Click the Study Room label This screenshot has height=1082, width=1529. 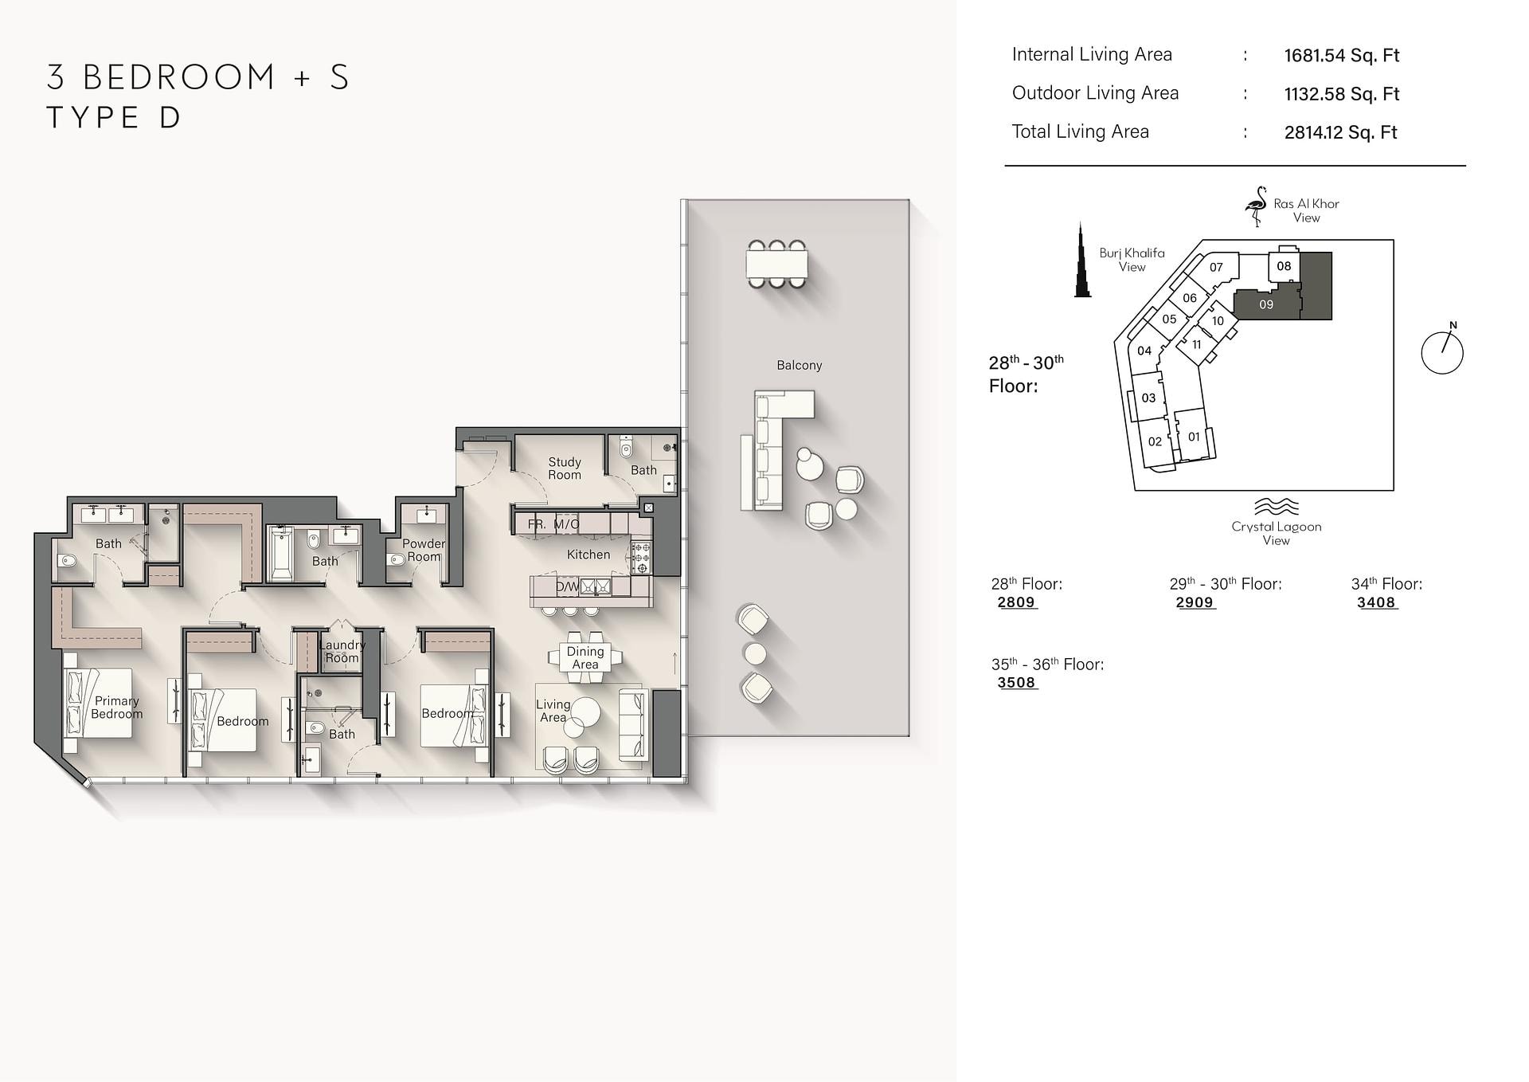point(565,468)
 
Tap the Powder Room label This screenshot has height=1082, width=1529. point(423,550)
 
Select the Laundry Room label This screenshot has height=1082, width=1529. point(342,651)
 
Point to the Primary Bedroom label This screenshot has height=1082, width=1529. point(117,708)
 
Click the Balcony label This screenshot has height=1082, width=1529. point(799,365)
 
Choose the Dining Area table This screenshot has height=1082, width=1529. point(585,657)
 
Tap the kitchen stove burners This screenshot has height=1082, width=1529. point(641,558)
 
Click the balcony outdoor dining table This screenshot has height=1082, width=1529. point(776,264)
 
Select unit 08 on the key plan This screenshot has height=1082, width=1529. point(1284,266)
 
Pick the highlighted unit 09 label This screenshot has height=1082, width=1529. point(1266,304)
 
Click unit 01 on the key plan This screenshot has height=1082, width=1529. point(1194,436)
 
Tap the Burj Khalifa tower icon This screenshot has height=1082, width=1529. point(1082,261)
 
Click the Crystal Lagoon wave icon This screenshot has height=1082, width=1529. point(1277,507)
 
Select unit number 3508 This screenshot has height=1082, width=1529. point(1016,683)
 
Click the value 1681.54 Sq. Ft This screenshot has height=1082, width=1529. point(1342,55)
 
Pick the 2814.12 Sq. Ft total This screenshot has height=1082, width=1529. point(1341,132)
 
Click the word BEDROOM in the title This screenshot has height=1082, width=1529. point(180,76)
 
